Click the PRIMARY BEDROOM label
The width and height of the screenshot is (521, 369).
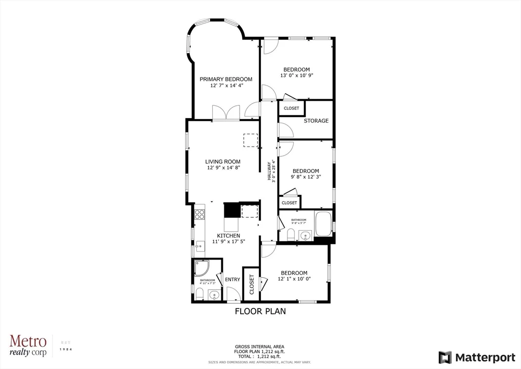(x=225, y=79)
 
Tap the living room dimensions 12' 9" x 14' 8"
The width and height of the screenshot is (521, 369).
(x=223, y=168)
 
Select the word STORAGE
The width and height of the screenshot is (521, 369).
(x=316, y=121)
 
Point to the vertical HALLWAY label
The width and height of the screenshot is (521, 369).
(x=270, y=172)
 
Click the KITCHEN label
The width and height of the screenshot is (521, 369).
(x=228, y=236)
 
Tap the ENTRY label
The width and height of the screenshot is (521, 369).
(x=232, y=279)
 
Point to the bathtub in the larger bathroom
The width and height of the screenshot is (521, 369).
(x=324, y=224)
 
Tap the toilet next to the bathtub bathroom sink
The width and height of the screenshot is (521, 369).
(x=291, y=234)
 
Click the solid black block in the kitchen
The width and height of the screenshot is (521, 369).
(x=231, y=209)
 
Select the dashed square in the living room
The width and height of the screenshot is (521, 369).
(x=250, y=140)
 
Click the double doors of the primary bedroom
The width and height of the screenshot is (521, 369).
(x=226, y=113)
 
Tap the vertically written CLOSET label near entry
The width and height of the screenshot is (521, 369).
(x=251, y=285)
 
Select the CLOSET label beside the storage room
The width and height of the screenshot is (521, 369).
(x=292, y=108)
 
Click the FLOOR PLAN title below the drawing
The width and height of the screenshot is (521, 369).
(x=260, y=311)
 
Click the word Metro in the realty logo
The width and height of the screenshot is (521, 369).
(x=28, y=341)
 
